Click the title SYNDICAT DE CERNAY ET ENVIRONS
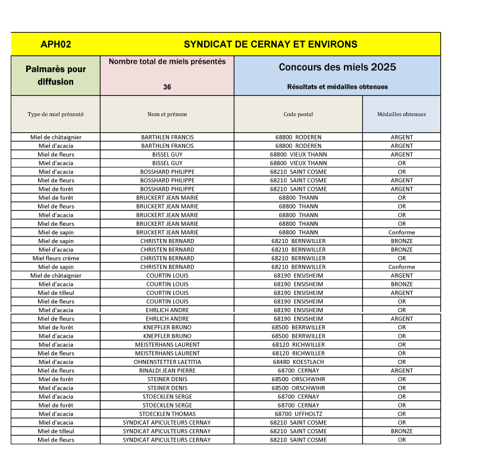pyautogui.click(x=270, y=45)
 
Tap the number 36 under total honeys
pyautogui.click(x=167, y=87)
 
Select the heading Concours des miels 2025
pyautogui.click(x=337, y=67)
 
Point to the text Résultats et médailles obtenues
pyautogui.click(x=337, y=87)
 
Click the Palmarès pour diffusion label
pyautogui.click(x=55, y=76)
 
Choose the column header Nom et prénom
pyautogui.click(x=167, y=114)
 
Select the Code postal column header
pyautogui.click(x=298, y=114)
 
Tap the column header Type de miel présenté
pyautogui.click(x=55, y=114)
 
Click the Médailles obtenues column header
pyautogui.click(x=402, y=114)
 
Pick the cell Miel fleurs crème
pyautogui.click(x=56, y=259)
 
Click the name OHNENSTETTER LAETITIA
pyautogui.click(x=167, y=362)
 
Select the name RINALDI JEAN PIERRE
pyautogui.click(x=167, y=371)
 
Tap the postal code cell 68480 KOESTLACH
pyautogui.click(x=298, y=362)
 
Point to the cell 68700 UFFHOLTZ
pyautogui.click(x=298, y=414)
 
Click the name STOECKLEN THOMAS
pyautogui.click(x=167, y=414)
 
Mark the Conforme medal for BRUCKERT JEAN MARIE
pyautogui.click(x=402, y=232)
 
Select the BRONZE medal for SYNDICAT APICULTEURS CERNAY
pyautogui.click(x=402, y=431)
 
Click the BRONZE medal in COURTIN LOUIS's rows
pyautogui.click(x=402, y=284)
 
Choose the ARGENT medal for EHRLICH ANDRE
pyautogui.click(x=402, y=319)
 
